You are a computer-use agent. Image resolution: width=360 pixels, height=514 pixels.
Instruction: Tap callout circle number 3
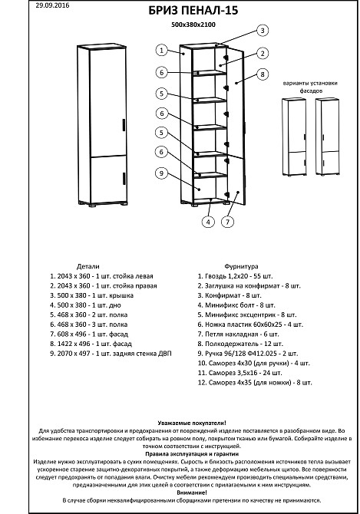click(x=262, y=31)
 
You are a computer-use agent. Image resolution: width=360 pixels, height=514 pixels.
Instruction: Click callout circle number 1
click(x=162, y=51)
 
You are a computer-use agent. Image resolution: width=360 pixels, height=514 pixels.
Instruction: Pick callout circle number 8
click(x=262, y=74)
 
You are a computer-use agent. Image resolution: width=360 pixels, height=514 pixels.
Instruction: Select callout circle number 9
click(x=162, y=173)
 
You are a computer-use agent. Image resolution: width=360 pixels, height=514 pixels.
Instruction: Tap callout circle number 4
click(x=207, y=222)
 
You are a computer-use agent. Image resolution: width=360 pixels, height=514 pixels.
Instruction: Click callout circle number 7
click(x=227, y=222)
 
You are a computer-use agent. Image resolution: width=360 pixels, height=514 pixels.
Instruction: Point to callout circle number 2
click(x=262, y=53)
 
